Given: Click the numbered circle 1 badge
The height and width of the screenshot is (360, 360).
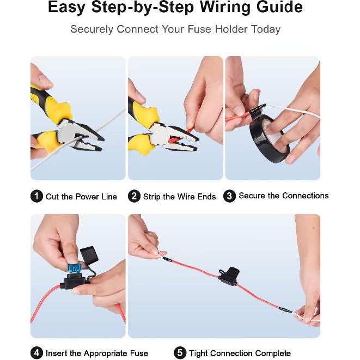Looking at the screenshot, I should pos(36,197).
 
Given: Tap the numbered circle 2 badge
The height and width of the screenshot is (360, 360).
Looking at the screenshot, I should pos(134,197).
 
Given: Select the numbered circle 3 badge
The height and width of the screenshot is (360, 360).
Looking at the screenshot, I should pos(230,196).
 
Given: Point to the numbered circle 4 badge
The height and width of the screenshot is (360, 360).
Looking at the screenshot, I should pos(36,353).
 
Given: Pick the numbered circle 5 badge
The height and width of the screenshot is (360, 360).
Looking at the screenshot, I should pos(180,353).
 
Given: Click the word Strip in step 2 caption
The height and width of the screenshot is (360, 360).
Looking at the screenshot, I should pos(152,197).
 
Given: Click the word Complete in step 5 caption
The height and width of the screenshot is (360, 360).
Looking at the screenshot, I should pos(272,353).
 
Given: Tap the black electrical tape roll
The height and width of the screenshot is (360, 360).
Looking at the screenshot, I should pos(270,133).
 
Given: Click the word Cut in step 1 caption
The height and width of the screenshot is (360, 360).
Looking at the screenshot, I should pos(52,197).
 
